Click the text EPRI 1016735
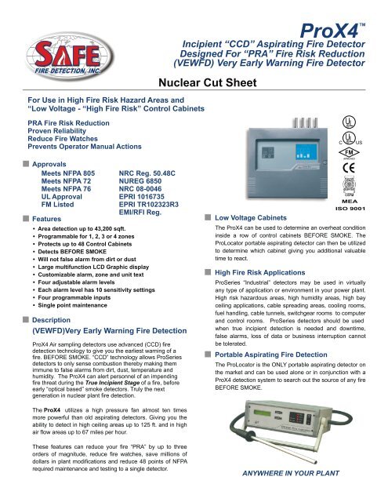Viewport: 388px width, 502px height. (145, 191)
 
